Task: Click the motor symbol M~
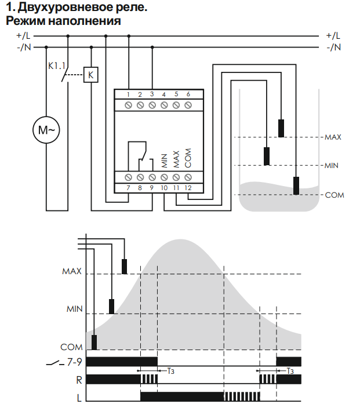pyautogui.click(x=46, y=130)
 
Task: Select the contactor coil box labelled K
pyautogui.click(x=91, y=75)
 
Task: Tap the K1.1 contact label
pyautogui.click(x=57, y=66)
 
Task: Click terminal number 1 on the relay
pyautogui.click(x=128, y=94)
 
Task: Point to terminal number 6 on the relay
pyautogui.click(x=188, y=94)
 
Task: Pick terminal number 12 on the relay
pyautogui.click(x=188, y=188)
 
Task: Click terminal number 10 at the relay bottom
pyautogui.click(x=164, y=188)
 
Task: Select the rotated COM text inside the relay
pyautogui.click(x=188, y=158)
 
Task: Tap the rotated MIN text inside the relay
pyautogui.click(x=164, y=161)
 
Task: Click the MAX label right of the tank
pyautogui.click(x=333, y=137)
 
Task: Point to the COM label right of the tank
pyautogui.click(x=334, y=195)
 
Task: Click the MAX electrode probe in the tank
pyautogui.click(x=281, y=128)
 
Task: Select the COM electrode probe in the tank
pyautogui.click(x=296, y=186)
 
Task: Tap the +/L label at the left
pyautogui.click(x=23, y=35)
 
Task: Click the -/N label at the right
pyautogui.click(x=333, y=48)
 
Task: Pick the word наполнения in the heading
pyautogui.click(x=85, y=21)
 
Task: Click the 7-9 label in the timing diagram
pyautogui.click(x=75, y=362)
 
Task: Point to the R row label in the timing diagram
pyautogui.click(x=79, y=380)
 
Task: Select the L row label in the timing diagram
pyautogui.click(x=79, y=398)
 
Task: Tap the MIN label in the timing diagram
pyautogui.click(x=75, y=309)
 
